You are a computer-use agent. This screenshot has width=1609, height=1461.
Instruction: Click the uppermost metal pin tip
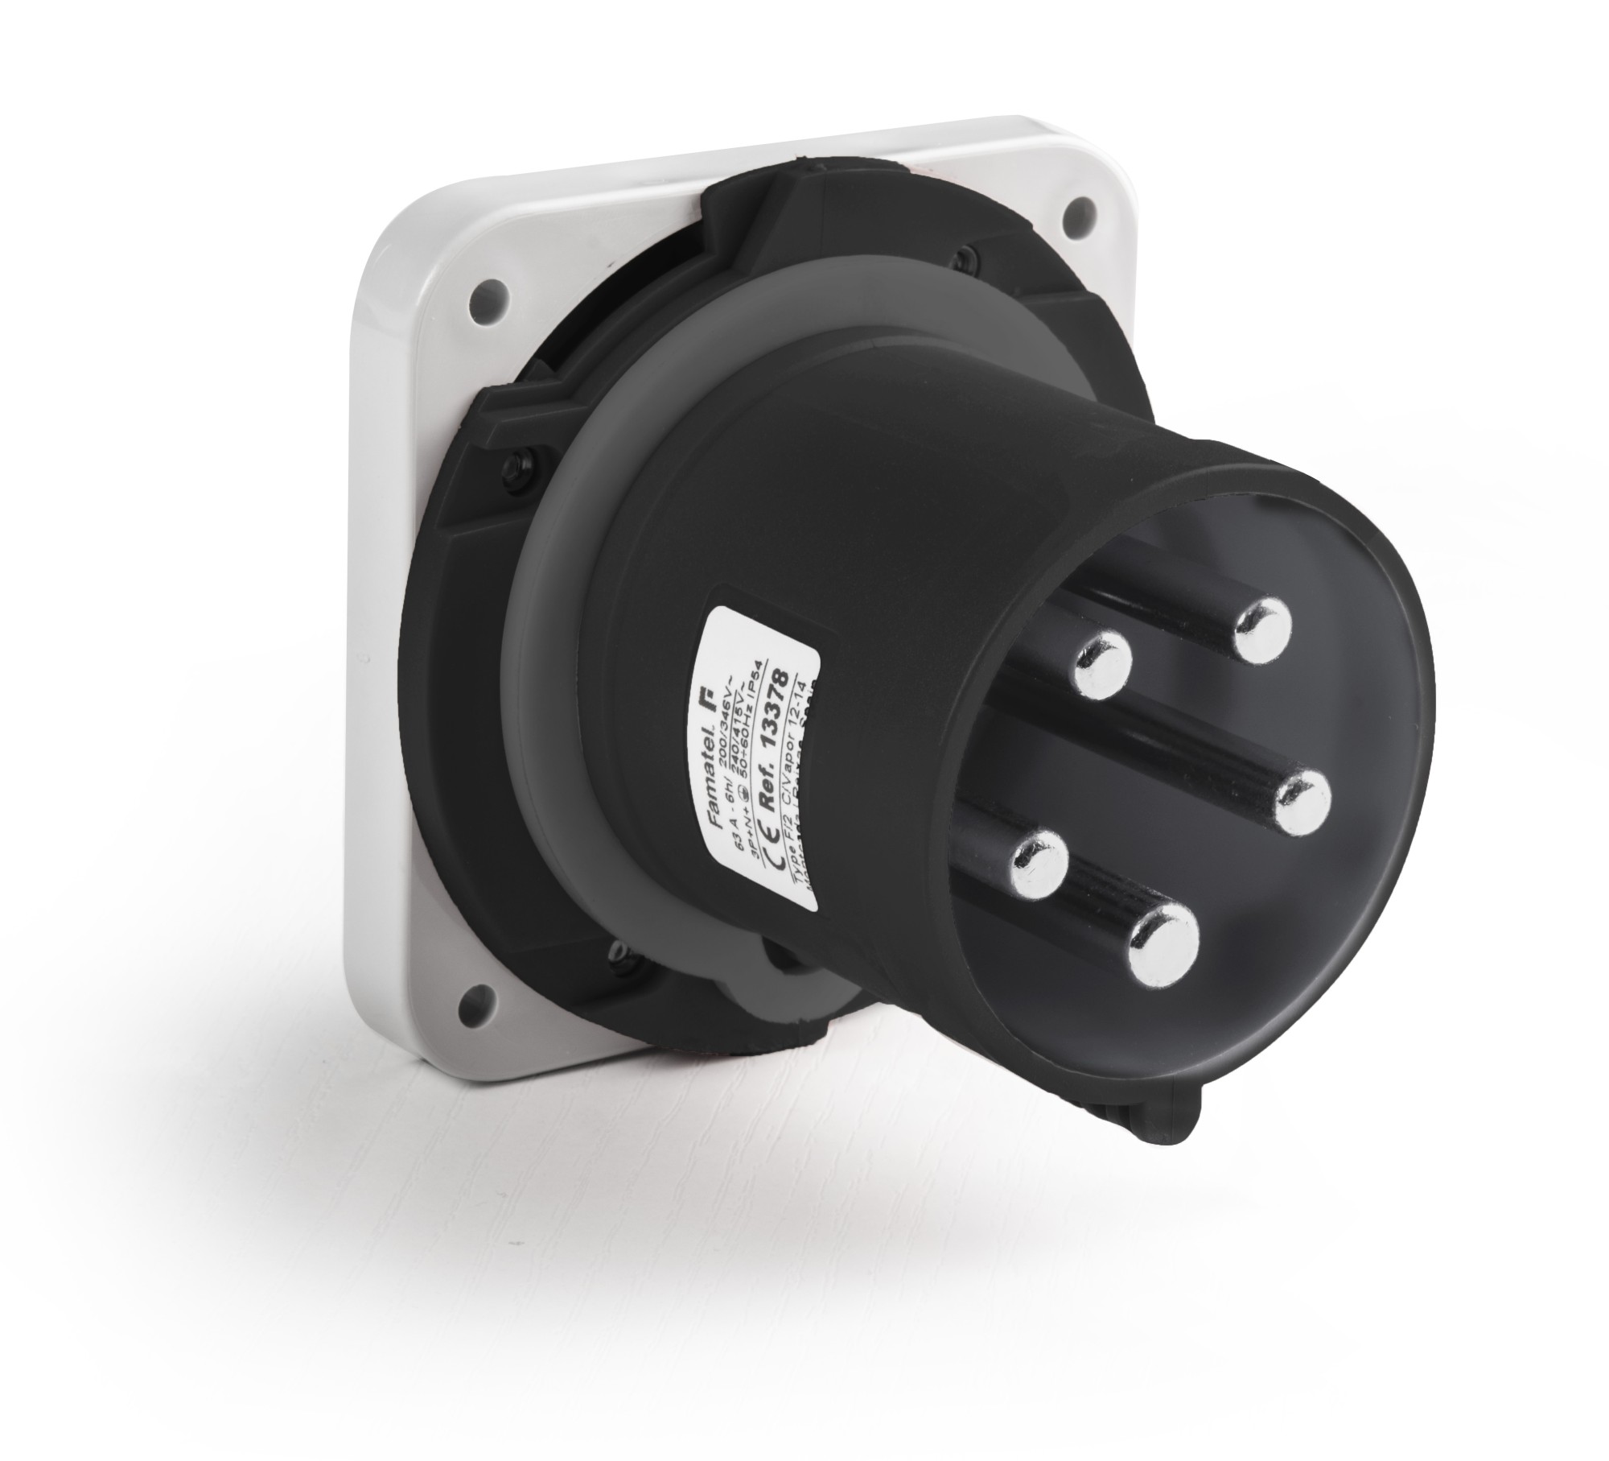(x=1262, y=628)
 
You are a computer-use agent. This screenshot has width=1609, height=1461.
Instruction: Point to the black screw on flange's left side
(x=513, y=467)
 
